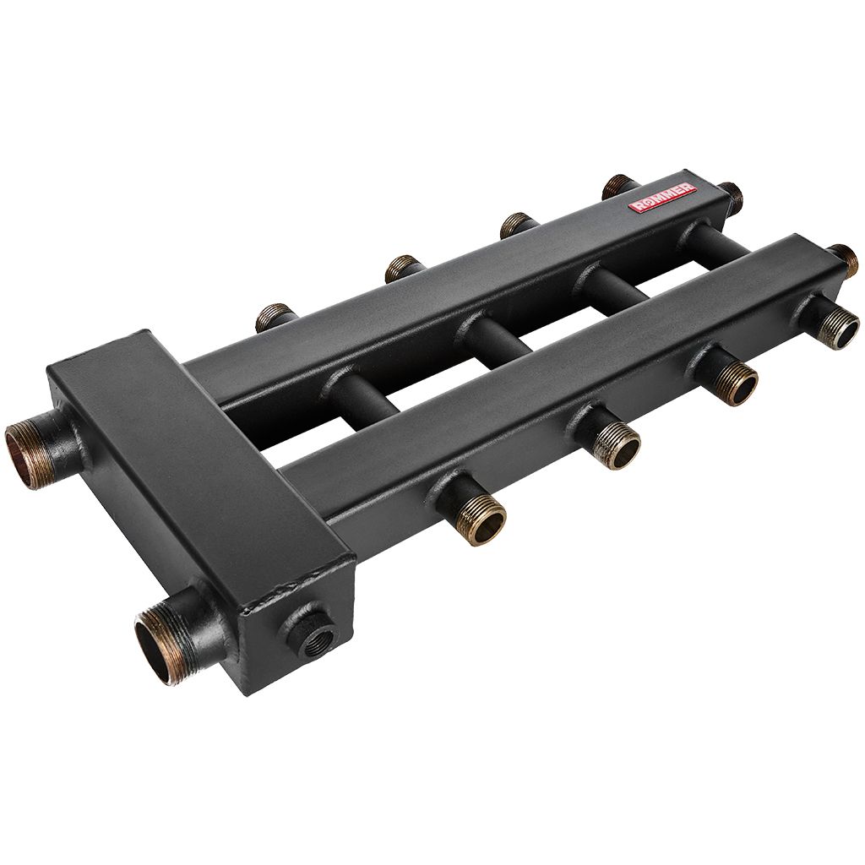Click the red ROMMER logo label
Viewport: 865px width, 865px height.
(x=663, y=198)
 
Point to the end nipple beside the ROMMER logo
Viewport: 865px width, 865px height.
(x=730, y=195)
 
